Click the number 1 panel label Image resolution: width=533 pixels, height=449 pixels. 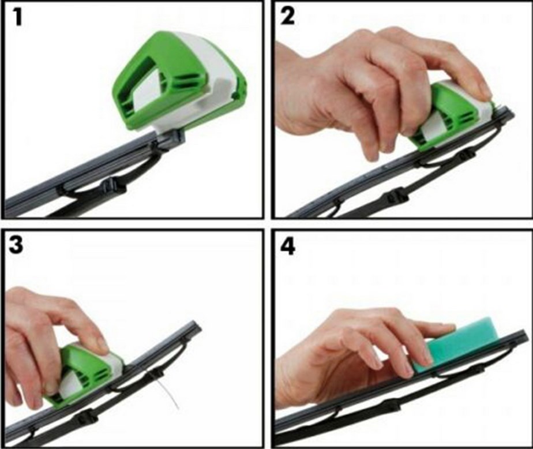(18, 17)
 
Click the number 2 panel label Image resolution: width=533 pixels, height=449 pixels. (288, 16)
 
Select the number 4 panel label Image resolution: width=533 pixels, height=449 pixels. (288, 246)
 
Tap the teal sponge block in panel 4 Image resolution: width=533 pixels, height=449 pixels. (456, 343)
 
